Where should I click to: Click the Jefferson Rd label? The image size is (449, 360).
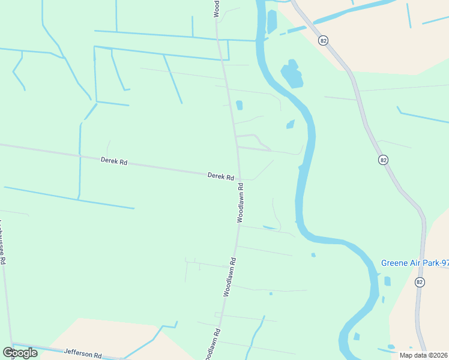[83, 354]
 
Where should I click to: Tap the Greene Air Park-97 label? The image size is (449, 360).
[415, 263]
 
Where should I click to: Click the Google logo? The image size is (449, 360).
[20, 352]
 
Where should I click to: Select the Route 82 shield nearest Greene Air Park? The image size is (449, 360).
[420, 282]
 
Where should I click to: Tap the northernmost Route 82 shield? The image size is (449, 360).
[324, 40]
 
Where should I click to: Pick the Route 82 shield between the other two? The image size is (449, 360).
[383, 160]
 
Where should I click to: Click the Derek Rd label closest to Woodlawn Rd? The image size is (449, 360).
[220, 176]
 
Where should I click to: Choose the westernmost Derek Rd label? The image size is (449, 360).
[114, 161]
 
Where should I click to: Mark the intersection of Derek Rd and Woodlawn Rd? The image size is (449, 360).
[240, 178]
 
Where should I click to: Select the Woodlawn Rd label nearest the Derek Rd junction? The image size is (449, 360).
[241, 207]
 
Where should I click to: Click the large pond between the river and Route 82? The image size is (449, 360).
[292, 75]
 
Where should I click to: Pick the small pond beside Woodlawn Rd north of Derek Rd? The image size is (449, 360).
[240, 106]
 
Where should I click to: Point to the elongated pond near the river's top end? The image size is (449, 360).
[271, 22]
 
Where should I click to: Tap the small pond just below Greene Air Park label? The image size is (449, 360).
[387, 281]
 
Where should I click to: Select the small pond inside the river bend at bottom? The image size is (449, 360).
[357, 336]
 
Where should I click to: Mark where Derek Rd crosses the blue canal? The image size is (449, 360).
[80, 155]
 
